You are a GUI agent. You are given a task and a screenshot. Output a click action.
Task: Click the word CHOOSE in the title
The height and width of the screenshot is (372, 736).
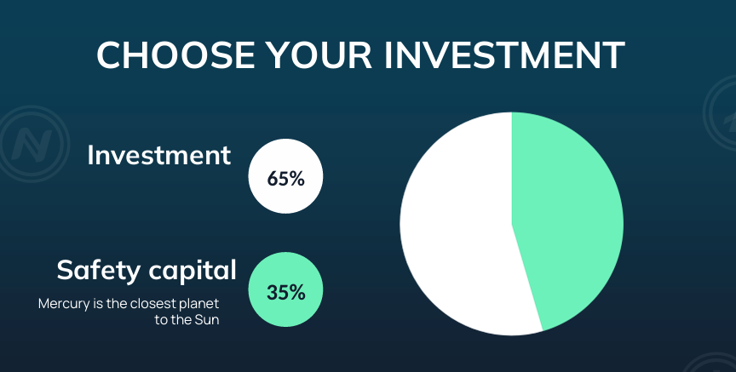click(175, 55)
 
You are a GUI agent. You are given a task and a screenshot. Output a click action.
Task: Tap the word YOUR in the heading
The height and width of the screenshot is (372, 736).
click(319, 55)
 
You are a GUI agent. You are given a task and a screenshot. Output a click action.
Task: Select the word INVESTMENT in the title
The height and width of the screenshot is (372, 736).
click(504, 55)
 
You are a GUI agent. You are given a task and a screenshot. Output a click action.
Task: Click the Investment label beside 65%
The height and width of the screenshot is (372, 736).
click(159, 155)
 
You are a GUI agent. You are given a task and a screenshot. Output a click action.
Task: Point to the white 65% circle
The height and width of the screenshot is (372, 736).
click(285, 176)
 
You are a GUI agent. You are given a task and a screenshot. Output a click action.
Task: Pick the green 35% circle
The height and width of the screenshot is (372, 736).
click(285, 289)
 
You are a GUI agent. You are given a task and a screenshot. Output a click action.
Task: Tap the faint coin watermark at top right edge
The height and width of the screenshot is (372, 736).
click(720, 113)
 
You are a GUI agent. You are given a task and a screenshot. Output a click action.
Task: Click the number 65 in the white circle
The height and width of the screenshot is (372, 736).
click(277, 179)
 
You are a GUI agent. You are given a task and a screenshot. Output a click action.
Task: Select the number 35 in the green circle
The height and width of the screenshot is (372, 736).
click(276, 292)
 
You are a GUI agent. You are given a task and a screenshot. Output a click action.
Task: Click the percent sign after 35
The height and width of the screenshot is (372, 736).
click(296, 292)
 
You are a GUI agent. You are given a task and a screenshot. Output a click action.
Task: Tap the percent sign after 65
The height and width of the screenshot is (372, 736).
click(296, 179)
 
